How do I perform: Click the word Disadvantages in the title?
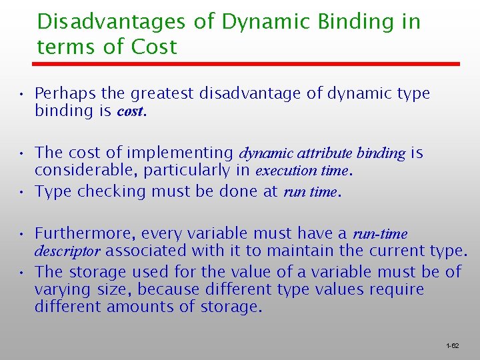click(110, 22)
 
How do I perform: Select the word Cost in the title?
click(154, 47)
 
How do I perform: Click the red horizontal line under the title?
click(247, 64)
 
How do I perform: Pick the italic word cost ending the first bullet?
click(131, 111)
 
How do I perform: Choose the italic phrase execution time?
click(301, 171)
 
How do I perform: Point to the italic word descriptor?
click(67, 251)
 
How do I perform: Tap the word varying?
click(62, 290)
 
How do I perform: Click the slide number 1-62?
click(452, 346)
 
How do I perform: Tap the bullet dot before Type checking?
click(23, 192)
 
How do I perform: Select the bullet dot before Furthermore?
click(23, 233)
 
